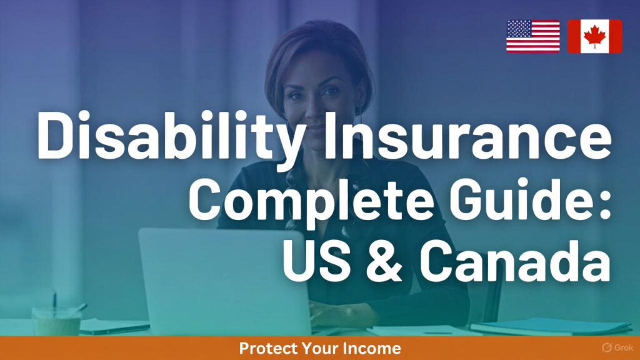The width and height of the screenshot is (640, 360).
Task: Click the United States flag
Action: pyautogui.click(x=532, y=36)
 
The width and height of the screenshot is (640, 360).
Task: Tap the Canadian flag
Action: pyautogui.click(x=594, y=36)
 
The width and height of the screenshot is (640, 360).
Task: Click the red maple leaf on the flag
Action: pyautogui.click(x=594, y=36)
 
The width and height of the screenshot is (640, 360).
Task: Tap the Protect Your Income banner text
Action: pyautogui.click(x=319, y=348)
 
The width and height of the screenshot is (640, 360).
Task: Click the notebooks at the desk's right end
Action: pyautogui.click(x=550, y=326)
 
